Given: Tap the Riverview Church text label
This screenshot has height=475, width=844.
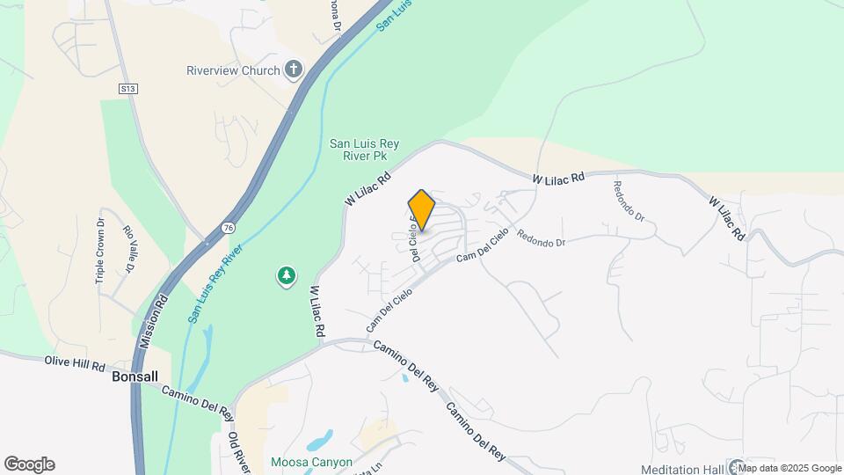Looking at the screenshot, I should click(x=233, y=70).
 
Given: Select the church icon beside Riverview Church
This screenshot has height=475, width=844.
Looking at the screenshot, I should click(x=294, y=70).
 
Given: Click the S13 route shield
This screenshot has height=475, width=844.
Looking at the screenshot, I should click(x=127, y=88).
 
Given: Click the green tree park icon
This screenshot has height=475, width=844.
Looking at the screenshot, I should click(x=286, y=277).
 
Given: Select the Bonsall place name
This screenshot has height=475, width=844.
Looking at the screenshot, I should click(x=135, y=376).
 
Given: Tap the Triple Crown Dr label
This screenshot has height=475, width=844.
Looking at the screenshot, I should click(x=99, y=251).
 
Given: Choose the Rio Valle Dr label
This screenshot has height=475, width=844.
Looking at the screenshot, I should click(x=127, y=248).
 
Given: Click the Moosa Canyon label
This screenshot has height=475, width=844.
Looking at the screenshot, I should click(x=311, y=462).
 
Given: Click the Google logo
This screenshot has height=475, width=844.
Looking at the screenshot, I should click(x=29, y=464).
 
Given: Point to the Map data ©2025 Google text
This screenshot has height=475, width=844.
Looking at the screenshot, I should click(x=789, y=468).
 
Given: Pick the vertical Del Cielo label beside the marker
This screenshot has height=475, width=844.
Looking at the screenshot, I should click(x=412, y=239).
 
